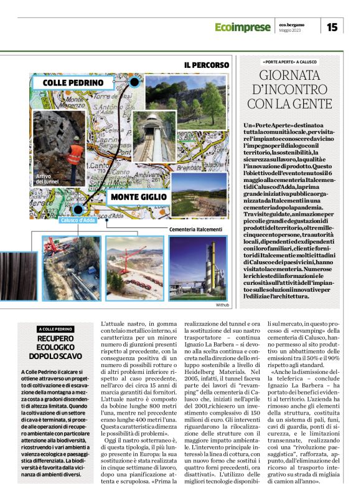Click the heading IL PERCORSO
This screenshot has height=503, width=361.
tap(206, 65)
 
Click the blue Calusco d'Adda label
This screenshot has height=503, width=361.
tap(78, 220)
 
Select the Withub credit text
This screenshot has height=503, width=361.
tap(222, 305)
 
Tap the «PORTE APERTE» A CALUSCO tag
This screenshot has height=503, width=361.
tap(291, 63)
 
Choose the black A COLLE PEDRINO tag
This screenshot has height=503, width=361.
tap(55, 329)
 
